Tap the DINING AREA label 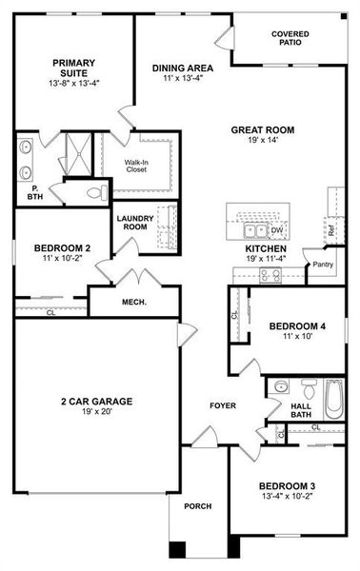pos(183,68)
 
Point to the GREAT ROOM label pos(262,130)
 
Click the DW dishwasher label pos(277,230)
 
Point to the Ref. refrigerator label pos(330,229)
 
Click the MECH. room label pos(132,303)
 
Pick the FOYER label pos(224,406)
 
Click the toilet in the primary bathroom pos(94,193)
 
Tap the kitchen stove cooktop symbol pos(270,276)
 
